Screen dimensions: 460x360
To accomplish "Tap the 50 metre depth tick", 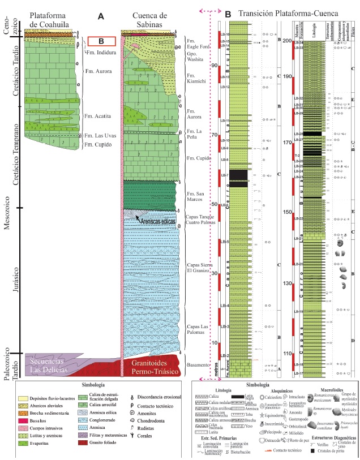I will [x=215, y=204].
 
